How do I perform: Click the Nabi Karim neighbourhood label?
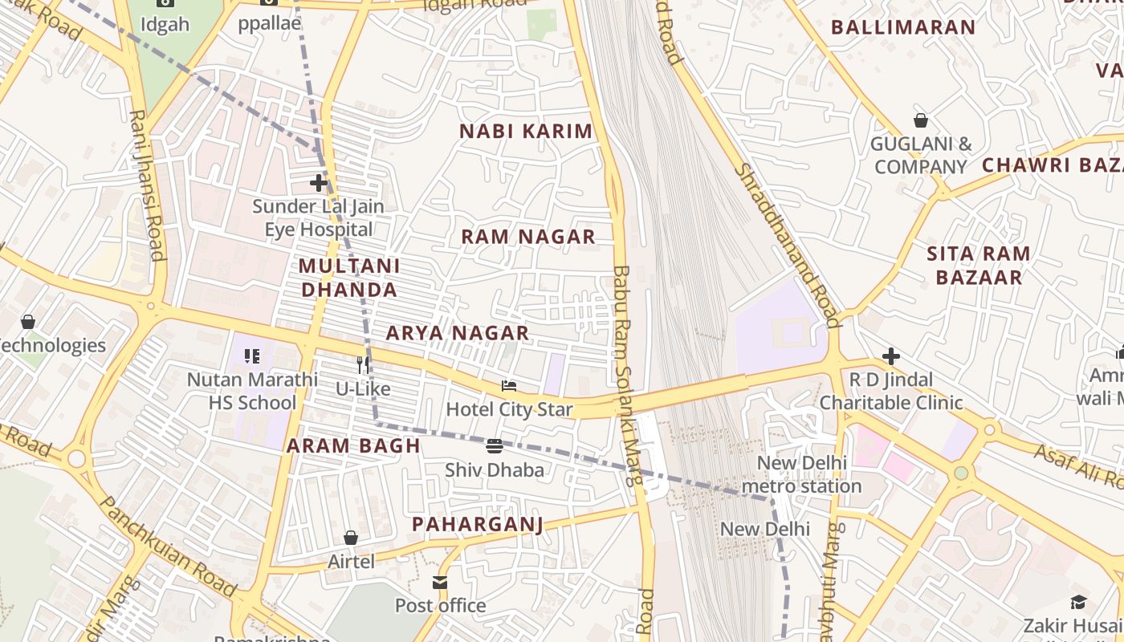click(x=526, y=132)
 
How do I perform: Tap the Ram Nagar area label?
click(x=528, y=237)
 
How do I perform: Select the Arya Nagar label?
click(x=458, y=333)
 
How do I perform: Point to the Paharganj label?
click(x=478, y=525)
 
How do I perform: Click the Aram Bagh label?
click(x=354, y=446)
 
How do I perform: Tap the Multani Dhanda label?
click(x=349, y=278)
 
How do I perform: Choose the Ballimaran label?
click(x=903, y=27)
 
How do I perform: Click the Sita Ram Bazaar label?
click(x=978, y=266)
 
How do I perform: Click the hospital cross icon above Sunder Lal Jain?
click(x=319, y=183)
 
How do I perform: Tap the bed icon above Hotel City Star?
click(x=509, y=386)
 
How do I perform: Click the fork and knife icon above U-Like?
click(x=363, y=365)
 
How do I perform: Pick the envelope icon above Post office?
click(x=440, y=583)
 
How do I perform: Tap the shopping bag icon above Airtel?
click(x=351, y=538)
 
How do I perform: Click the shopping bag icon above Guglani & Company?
click(x=921, y=121)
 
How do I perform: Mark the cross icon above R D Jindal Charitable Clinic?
click(x=891, y=356)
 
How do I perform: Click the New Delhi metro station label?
click(x=801, y=474)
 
